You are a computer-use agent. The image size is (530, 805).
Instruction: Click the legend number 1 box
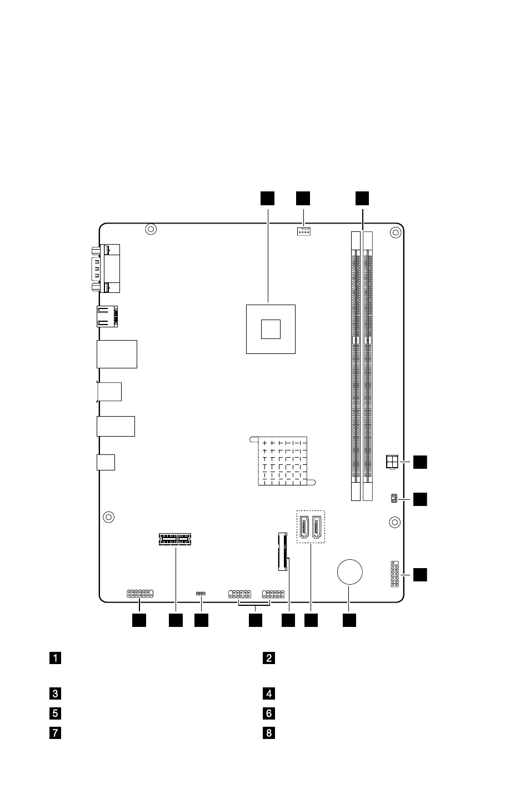55,658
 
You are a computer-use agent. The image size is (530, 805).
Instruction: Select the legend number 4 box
269,693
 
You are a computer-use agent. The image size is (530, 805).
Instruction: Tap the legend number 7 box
55,733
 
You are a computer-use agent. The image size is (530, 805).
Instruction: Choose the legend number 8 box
269,733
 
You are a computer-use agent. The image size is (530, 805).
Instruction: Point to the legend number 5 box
55,713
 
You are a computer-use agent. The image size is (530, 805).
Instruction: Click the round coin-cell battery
350,572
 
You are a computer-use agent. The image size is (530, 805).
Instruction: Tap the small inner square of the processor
271,329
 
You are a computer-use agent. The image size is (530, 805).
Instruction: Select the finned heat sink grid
282,461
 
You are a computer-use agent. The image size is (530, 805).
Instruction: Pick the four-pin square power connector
392,462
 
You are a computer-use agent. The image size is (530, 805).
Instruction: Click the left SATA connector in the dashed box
304,527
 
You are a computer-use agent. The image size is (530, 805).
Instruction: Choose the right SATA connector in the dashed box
317,527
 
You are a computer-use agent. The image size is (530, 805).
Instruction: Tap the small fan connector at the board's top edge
304,232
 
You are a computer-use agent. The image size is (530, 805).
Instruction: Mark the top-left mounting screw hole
151,229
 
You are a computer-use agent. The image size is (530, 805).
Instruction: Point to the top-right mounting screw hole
396,232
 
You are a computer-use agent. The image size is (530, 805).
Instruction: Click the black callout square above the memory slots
362,199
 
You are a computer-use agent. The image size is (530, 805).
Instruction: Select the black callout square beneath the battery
349,620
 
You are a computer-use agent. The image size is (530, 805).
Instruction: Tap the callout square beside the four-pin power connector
420,462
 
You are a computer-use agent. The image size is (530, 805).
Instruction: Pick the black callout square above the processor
267,199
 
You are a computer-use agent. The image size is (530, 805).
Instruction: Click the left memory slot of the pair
356,366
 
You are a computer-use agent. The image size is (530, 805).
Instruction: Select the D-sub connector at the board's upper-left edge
106,269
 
